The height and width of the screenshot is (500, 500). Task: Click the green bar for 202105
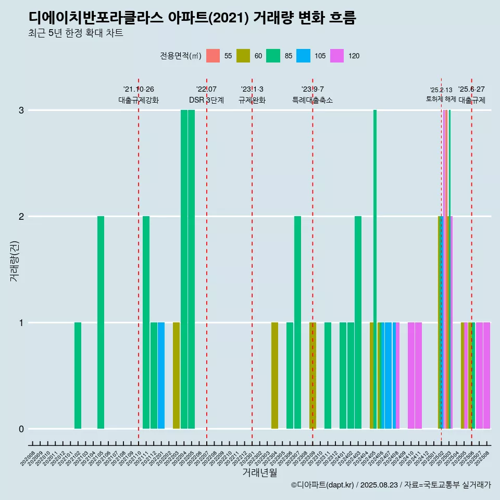pyautogui.click(x=101, y=322)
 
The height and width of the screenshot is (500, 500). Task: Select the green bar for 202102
pyautogui.click(x=78, y=375)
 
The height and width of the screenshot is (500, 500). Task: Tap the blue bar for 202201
pyautogui.click(x=161, y=375)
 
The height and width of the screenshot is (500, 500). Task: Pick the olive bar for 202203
pyautogui.click(x=176, y=375)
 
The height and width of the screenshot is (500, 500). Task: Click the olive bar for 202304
pyautogui.click(x=274, y=375)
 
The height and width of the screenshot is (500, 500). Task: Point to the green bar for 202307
pyautogui.click(x=297, y=322)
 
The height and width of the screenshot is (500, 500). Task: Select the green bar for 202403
pyautogui.click(x=358, y=322)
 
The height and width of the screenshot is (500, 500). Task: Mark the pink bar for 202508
pyautogui.click(x=486, y=375)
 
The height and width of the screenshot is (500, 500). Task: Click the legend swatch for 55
pyautogui.click(x=213, y=56)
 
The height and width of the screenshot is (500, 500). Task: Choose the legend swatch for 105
pyautogui.click(x=303, y=56)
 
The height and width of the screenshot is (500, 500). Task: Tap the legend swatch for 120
pyautogui.click(x=337, y=56)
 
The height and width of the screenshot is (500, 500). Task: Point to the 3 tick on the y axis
pyautogui.click(x=21, y=110)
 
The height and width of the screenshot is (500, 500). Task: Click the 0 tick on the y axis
pyautogui.click(x=21, y=429)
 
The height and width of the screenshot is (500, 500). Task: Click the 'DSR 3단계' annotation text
pyautogui.click(x=206, y=100)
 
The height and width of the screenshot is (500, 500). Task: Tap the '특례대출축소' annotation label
pyautogui.click(x=312, y=100)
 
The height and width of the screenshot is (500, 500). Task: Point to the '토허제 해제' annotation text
pyautogui.click(x=441, y=99)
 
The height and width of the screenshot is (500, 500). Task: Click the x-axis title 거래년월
pyautogui.click(x=259, y=473)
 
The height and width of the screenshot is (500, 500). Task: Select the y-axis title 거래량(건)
pyautogui.click(x=14, y=260)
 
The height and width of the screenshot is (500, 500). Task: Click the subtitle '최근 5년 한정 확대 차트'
pyautogui.click(x=76, y=33)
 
